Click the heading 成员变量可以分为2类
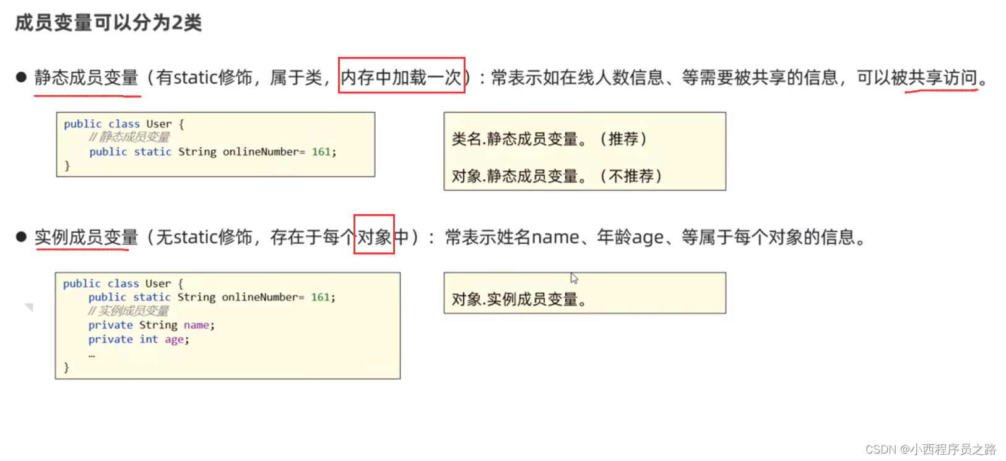pyautogui.click(x=108, y=23)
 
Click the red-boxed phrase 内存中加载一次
pyautogui.click(x=401, y=77)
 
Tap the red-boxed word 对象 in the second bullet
pyautogui.click(x=374, y=236)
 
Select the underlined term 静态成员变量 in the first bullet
pyautogui.click(x=87, y=77)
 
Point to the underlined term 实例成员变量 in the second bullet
pyautogui.click(x=87, y=236)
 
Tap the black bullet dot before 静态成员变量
pyautogui.click(x=22, y=77)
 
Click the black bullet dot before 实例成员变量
pyautogui.click(x=22, y=236)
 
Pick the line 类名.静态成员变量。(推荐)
pyautogui.click(x=549, y=139)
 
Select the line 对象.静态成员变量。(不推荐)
pyautogui.click(x=556, y=176)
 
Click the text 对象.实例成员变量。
pyautogui.click(x=519, y=299)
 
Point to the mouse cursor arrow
pyautogui.click(x=574, y=278)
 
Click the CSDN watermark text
pyautogui.click(x=930, y=449)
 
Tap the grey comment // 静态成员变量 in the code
pyautogui.click(x=129, y=137)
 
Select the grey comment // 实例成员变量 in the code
pyautogui.click(x=128, y=311)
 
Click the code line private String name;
pyautogui.click(x=151, y=325)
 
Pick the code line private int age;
pyautogui.click(x=139, y=339)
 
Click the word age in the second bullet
pyautogui.click(x=648, y=237)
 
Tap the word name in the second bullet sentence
pyautogui.click(x=555, y=237)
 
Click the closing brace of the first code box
pyautogui.click(x=67, y=165)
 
